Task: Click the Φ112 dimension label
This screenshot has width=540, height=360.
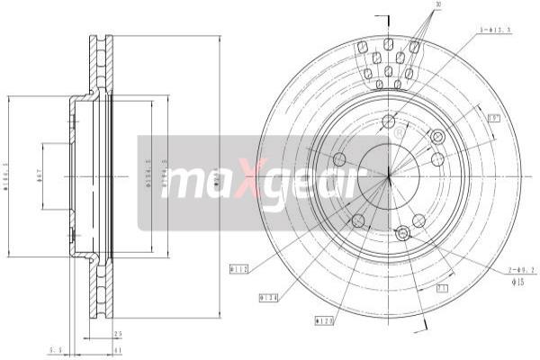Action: point(238,268)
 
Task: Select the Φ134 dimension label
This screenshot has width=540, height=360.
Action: point(267,295)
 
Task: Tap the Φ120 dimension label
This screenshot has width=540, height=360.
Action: point(325,319)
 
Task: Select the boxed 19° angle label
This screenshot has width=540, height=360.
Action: point(493,118)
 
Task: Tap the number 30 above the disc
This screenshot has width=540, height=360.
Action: point(438,5)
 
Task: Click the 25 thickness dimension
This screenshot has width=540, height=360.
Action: point(118,334)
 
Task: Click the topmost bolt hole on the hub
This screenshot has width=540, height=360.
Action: point(389,121)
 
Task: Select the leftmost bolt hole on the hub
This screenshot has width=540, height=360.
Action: point(339,159)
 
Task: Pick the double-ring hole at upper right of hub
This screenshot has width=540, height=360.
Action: point(438,137)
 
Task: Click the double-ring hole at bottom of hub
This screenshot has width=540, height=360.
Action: point(403,234)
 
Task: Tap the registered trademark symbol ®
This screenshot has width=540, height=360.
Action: point(399,132)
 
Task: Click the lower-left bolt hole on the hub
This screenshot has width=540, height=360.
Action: point(358,220)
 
